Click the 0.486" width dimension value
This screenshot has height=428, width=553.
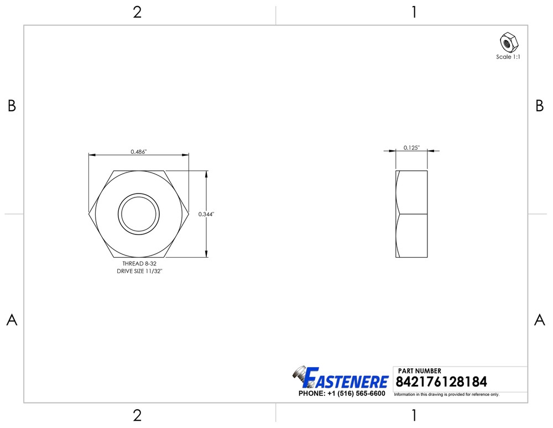[x=138, y=152]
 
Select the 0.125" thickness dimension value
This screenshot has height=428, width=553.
[x=411, y=148]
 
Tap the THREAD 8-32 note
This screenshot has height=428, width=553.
[x=139, y=264]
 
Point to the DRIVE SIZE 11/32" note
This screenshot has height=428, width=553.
[x=139, y=272]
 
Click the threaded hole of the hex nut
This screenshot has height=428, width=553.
[x=138, y=213]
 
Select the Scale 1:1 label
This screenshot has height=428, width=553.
[x=508, y=57]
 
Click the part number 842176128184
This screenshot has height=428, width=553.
[x=441, y=382]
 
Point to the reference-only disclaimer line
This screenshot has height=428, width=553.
[x=446, y=395]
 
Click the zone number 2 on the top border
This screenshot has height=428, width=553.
[x=137, y=12]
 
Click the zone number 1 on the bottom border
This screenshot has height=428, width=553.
[x=414, y=415]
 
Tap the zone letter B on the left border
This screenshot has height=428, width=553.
[x=12, y=106]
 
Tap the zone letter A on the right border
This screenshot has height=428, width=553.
[x=540, y=320]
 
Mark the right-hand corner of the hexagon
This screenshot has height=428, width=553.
[x=188, y=214]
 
